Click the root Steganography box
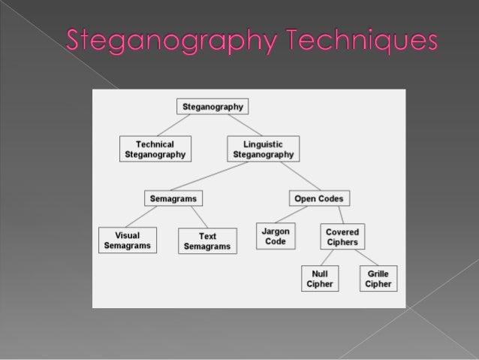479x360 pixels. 211,107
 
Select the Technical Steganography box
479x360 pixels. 155,149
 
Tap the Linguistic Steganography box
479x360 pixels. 263,149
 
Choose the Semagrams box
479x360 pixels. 173,198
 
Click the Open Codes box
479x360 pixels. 319,198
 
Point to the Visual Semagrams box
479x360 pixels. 128,241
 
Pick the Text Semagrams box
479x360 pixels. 207,241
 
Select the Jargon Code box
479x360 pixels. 276,236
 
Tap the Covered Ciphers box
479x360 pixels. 342,237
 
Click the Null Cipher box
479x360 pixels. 319,278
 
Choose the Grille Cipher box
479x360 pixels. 378,278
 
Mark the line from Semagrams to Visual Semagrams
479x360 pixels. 146,216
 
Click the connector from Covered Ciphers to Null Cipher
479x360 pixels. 330,258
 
